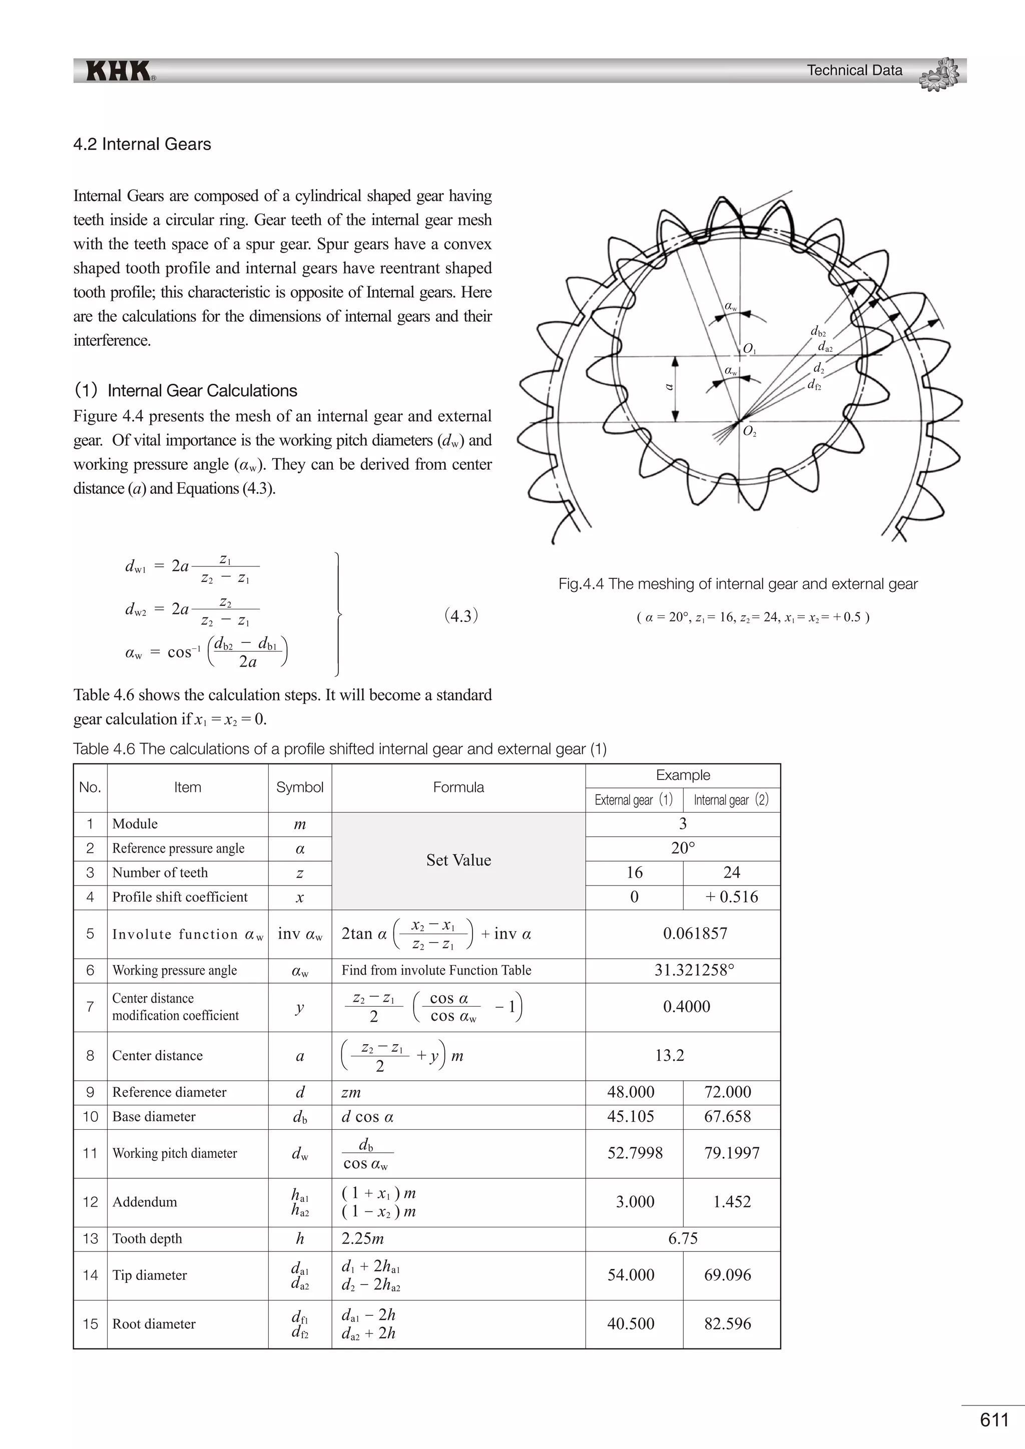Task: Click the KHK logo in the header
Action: point(119,71)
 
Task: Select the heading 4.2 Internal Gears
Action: point(142,145)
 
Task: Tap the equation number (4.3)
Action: point(461,616)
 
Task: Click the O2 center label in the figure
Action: point(749,432)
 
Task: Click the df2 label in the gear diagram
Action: point(814,384)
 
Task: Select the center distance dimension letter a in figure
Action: point(670,387)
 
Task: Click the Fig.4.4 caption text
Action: point(737,584)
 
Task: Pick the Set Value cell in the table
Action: point(458,860)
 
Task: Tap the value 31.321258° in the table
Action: point(694,970)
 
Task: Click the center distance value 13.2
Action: point(670,1055)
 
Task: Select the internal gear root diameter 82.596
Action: point(728,1323)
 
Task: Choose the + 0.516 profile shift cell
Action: point(732,897)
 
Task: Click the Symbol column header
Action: point(300,787)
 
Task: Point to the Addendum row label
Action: point(145,1202)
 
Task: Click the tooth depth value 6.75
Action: point(683,1238)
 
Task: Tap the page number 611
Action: point(994,1420)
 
